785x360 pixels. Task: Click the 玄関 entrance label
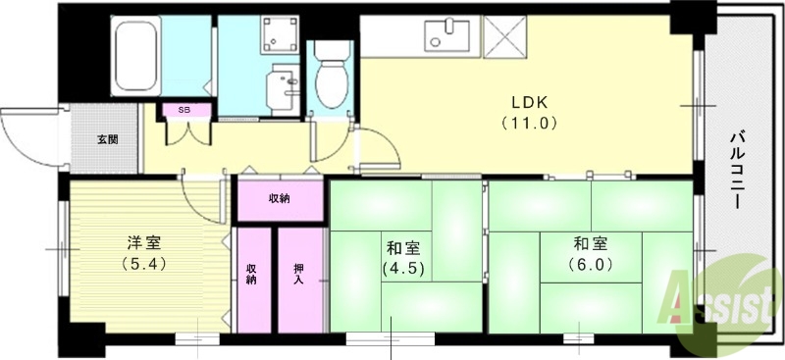107,139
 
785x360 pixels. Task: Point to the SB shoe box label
184,110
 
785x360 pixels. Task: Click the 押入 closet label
298,274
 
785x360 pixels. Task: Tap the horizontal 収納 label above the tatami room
280,199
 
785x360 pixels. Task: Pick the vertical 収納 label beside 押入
251,274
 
